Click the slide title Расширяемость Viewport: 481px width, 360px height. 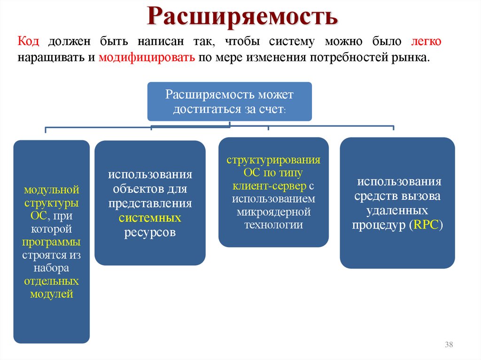pos(243,16)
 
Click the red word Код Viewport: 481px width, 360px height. pos(28,41)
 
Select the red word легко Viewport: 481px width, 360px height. pos(426,41)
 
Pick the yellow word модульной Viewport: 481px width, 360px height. pos(51,191)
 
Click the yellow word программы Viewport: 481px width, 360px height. pos(51,243)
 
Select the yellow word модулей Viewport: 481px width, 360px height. pos(51,294)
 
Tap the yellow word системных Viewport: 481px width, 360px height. pos(150,218)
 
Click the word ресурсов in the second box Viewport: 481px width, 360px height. pos(150,233)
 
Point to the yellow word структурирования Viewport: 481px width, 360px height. pos(273,160)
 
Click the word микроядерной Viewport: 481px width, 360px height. pos(273,212)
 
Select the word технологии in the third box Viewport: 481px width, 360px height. pos(273,225)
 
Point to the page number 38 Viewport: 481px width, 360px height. pos(448,345)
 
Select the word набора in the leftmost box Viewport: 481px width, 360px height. pos(51,268)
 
